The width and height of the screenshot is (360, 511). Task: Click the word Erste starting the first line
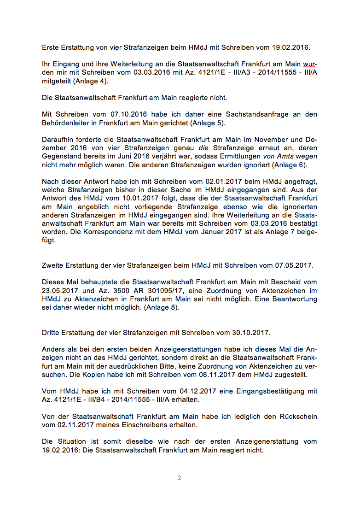tap(51, 47)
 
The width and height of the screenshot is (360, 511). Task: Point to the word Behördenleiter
tap(65, 123)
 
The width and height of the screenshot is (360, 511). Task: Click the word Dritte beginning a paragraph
tap(52, 332)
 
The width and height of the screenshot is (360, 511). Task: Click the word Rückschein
tap(298, 417)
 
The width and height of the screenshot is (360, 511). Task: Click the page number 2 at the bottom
tap(180, 478)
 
